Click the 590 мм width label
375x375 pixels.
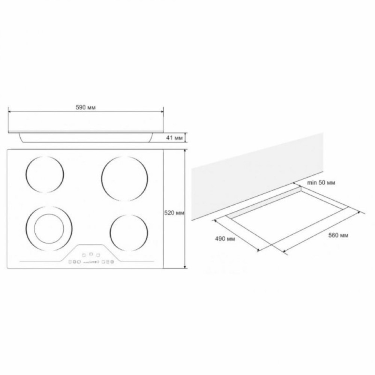(86, 108)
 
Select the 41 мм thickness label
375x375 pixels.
(174, 138)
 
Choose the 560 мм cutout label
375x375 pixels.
(338, 235)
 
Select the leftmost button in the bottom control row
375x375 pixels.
(70, 262)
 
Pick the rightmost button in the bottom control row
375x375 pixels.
(112, 262)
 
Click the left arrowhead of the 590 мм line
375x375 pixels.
(9, 111)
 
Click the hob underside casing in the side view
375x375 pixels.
(86, 138)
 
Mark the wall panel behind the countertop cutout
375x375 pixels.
(255, 176)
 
